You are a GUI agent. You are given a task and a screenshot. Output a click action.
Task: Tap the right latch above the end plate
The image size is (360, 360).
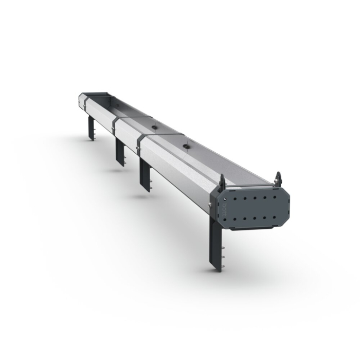(279, 177)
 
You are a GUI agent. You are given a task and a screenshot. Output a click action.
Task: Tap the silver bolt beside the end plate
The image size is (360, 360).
(211, 206)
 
